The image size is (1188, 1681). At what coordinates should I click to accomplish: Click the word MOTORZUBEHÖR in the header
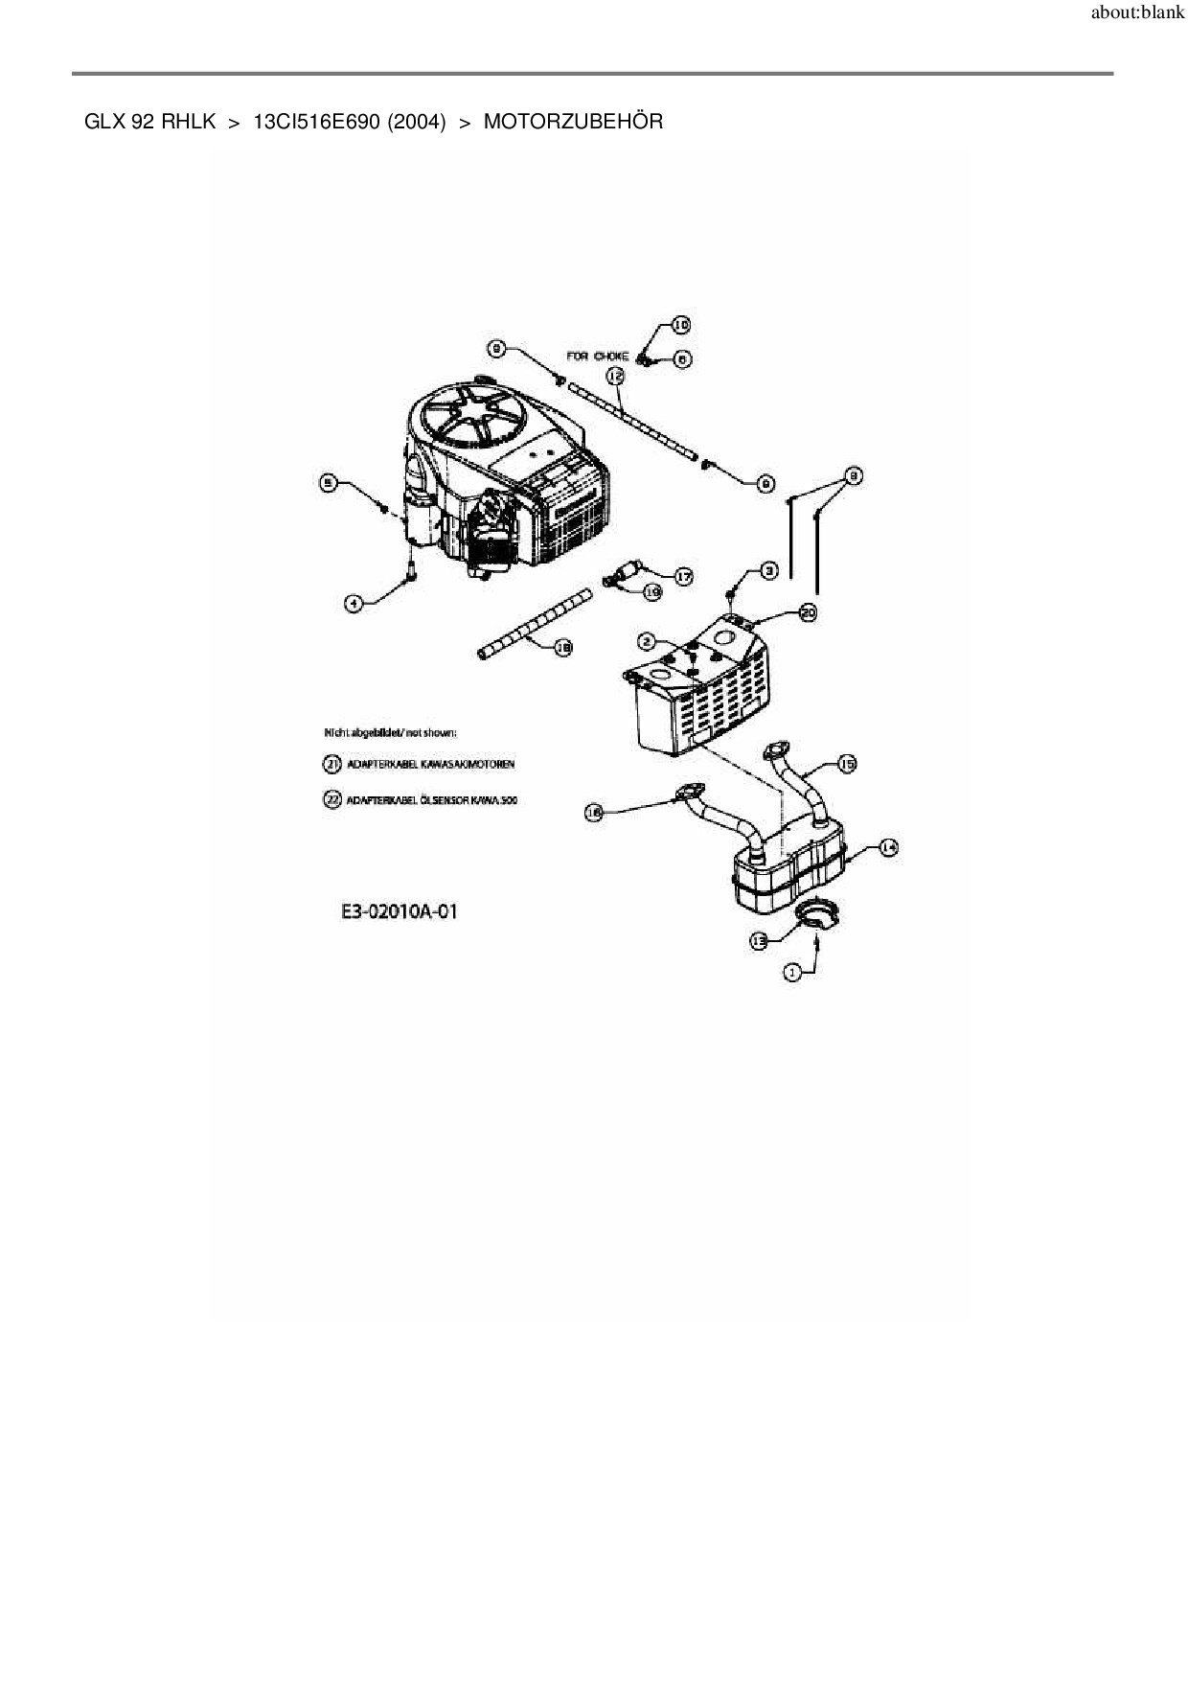pyautogui.click(x=573, y=122)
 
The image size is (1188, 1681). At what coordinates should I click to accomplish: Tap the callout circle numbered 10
pyautogui.click(x=679, y=325)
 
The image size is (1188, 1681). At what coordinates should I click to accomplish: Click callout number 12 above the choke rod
pyautogui.click(x=615, y=377)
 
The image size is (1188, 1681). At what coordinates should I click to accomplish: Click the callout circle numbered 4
pyautogui.click(x=354, y=603)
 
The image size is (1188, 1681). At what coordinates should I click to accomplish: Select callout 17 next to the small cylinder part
pyautogui.click(x=683, y=576)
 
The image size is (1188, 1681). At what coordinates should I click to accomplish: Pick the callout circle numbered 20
pyautogui.click(x=808, y=611)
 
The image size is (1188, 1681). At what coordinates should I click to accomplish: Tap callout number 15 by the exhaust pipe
pyautogui.click(x=847, y=763)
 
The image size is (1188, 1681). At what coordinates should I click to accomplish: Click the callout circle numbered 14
pyautogui.click(x=888, y=847)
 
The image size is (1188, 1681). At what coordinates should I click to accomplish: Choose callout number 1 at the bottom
pyautogui.click(x=792, y=972)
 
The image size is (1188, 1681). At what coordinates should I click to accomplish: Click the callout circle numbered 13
pyautogui.click(x=759, y=941)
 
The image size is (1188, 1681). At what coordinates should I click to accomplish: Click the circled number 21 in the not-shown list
pyautogui.click(x=331, y=764)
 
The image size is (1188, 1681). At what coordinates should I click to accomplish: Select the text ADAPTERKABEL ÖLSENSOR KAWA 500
pyautogui.click(x=432, y=799)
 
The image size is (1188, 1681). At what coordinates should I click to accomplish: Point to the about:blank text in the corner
pyautogui.click(x=1137, y=13)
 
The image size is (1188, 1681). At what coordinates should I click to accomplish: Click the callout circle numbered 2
pyautogui.click(x=648, y=640)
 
